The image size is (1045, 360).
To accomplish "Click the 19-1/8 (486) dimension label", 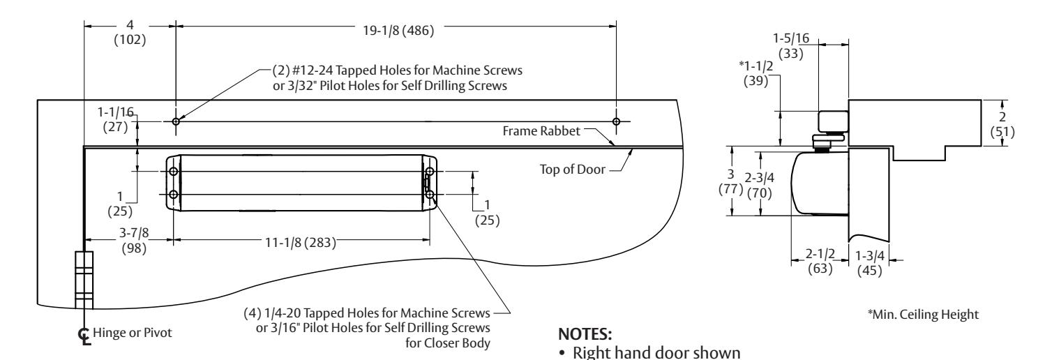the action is [x=398, y=30].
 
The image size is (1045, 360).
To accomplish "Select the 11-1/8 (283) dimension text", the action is [x=301, y=243].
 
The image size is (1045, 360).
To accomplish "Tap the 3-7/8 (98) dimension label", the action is [x=135, y=240].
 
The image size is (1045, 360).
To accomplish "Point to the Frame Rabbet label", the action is [x=541, y=130].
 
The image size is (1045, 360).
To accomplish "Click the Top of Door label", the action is [x=573, y=170].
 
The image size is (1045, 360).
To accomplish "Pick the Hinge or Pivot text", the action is [x=133, y=333].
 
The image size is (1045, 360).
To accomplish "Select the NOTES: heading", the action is [x=585, y=334].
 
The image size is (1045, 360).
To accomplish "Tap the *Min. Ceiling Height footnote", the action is [x=923, y=314].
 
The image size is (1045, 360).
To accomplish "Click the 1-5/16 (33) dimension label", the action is [x=791, y=46].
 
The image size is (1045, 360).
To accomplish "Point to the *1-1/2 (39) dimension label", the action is [x=755, y=73].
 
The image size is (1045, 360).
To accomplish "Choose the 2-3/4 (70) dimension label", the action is [x=760, y=185].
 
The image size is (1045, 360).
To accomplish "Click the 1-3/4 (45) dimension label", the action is [x=870, y=263].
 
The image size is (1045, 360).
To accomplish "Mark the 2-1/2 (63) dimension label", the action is [x=820, y=261].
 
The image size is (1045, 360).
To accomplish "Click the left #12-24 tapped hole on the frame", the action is [x=176, y=121].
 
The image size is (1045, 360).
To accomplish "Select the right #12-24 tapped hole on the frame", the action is [x=616, y=121].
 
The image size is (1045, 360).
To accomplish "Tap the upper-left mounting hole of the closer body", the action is [x=174, y=171].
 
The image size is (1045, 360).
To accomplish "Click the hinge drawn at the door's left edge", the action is [x=84, y=280].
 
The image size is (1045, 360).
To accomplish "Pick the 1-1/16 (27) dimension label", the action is [x=116, y=119].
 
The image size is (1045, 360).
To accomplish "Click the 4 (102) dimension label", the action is [x=130, y=32].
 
